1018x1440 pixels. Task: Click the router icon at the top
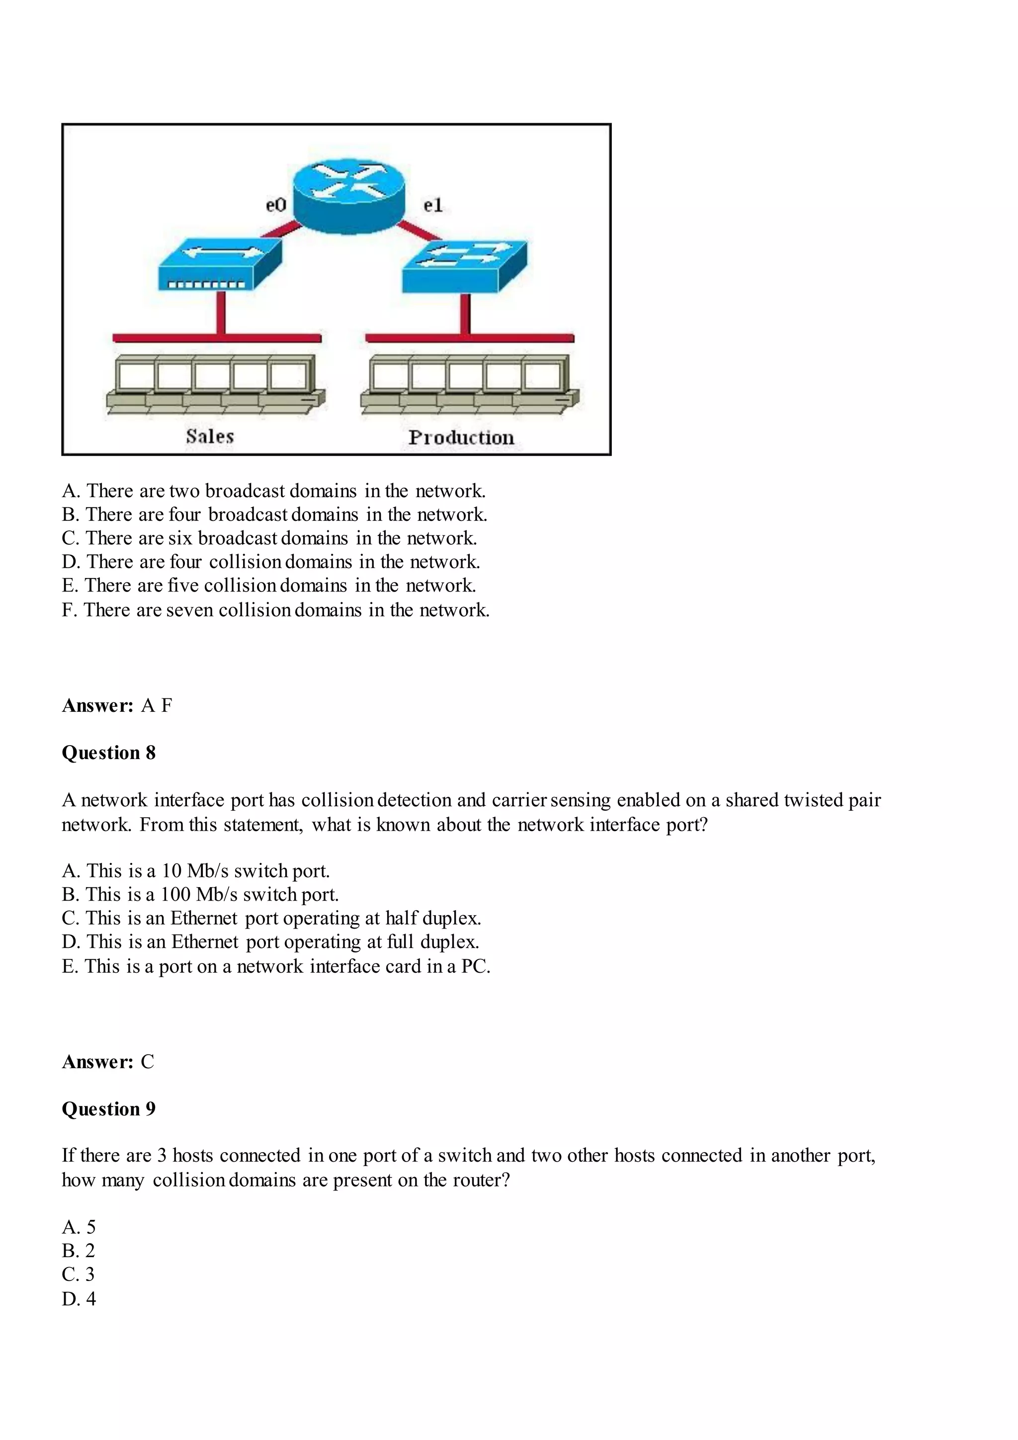[349, 195]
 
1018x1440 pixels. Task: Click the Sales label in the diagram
[209, 436]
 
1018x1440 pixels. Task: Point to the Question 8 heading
[108, 752]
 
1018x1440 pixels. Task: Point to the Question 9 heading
[108, 1108]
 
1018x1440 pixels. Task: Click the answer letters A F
[157, 705]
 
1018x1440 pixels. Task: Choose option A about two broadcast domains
[273, 491]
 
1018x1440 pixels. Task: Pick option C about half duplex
[271, 918]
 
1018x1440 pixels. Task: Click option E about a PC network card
[276, 966]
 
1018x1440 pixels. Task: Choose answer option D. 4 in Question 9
[79, 1298]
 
